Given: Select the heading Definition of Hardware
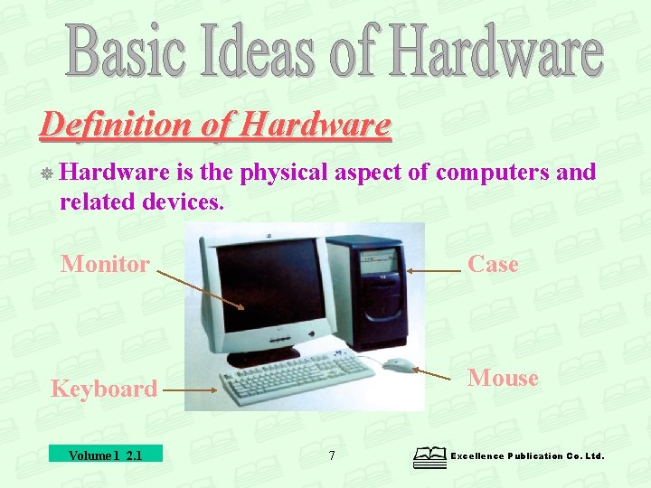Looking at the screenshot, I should (x=215, y=125).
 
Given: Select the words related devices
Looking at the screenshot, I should (x=141, y=202).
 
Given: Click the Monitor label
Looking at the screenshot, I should (x=105, y=265).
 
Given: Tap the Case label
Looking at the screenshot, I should (x=493, y=264).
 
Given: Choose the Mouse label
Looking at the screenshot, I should (x=503, y=378).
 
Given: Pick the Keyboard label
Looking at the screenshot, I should (x=104, y=389).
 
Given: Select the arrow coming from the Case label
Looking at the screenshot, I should (x=434, y=270).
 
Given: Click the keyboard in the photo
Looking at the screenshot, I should (x=298, y=378).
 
